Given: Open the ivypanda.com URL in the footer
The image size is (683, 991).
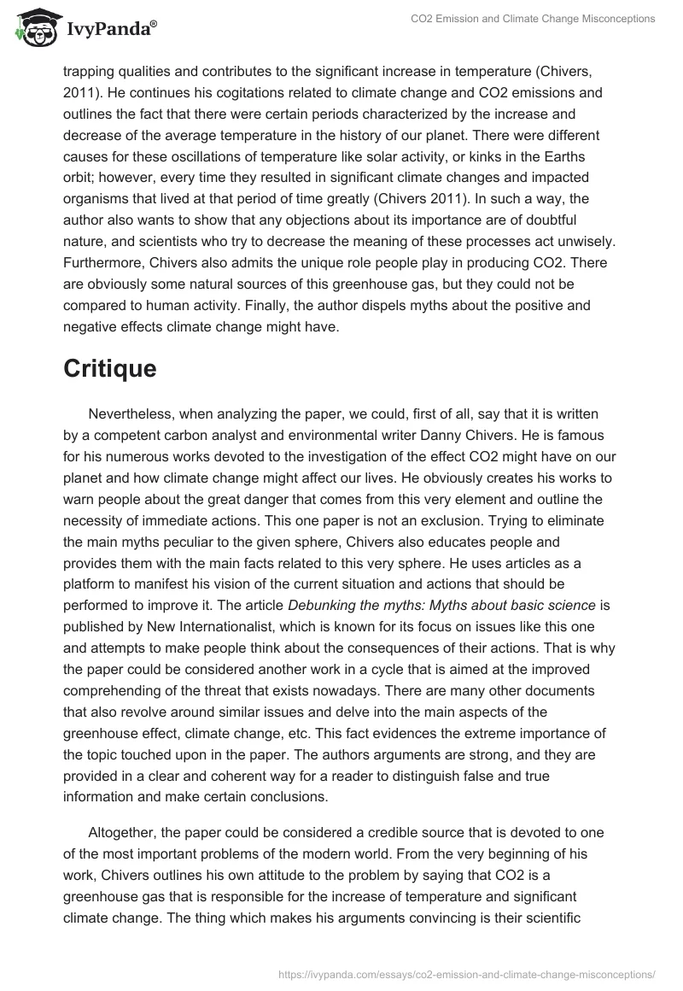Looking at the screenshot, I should [x=467, y=973].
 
